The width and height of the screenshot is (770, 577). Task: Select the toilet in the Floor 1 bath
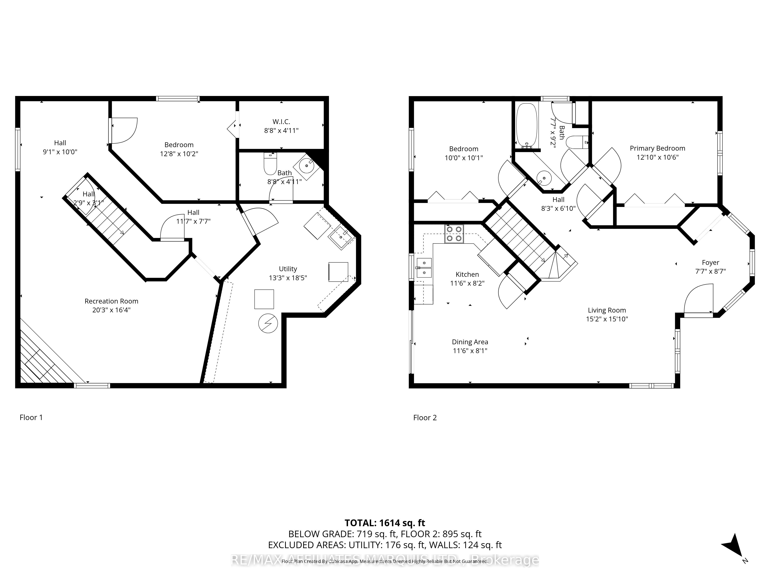[270, 164]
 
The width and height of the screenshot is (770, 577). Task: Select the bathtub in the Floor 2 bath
[527, 125]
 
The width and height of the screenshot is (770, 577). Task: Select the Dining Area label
[470, 342]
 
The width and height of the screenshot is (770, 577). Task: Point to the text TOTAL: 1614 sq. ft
[385, 523]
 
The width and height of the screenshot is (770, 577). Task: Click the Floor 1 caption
[31, 417]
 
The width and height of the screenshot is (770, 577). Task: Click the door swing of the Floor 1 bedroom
[124, 130]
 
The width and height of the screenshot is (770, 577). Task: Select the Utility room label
[288, 269]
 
